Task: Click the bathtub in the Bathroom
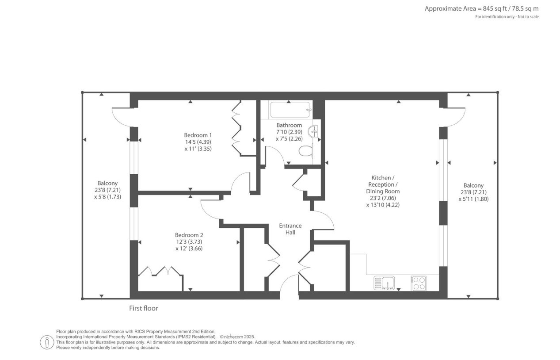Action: (x=290, y=110)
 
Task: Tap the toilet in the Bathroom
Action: (x=306, y=151)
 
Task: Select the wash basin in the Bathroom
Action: (x=313, y=132)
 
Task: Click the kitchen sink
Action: (x=384, y=283)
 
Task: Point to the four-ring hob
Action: (x=419, y=283)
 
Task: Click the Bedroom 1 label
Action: (x=198, y=135)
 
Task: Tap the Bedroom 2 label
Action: (x=189, y=235)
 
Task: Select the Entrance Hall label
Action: (x=290, y=229)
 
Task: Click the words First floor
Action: (x=144, y=308)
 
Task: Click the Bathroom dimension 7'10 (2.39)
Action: (x=289, y=132)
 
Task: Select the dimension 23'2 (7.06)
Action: (x=383, y=198)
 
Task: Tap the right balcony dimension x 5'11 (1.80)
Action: (x=473, y=199)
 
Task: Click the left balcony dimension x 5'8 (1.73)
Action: (x=108, y=197)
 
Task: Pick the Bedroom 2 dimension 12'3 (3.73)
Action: (x=189, y=242)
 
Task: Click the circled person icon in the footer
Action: (x=47, y=342)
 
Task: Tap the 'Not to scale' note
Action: (x=528, y=17)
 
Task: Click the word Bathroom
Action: (x=289, y=125)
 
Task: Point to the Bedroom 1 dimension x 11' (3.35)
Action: (x=198, y=149)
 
